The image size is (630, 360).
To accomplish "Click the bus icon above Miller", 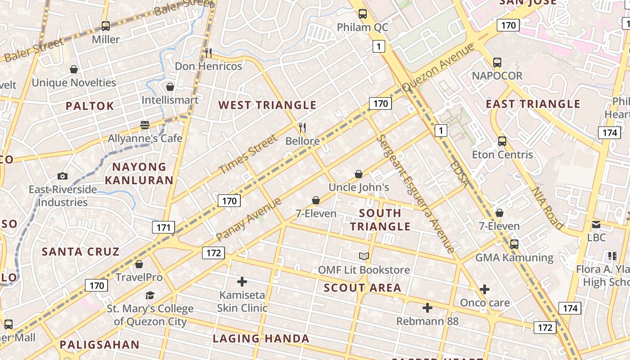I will tap(105, 26).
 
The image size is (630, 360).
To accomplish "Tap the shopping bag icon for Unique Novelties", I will tap(74, 69).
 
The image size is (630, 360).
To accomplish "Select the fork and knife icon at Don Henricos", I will tap(208, 53).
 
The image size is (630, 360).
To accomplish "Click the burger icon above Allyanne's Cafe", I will tap(145, 125).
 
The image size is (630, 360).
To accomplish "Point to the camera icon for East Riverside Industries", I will tap(63, 176).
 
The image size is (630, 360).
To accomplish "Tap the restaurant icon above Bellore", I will tap(302, 128).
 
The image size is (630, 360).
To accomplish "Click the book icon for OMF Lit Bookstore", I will tap(364, 256).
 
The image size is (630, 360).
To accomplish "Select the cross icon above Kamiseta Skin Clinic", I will tap(242, 282).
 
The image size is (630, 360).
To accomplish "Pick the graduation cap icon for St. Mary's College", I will tap(150, 295).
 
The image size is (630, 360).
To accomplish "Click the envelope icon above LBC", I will tap(596, 224).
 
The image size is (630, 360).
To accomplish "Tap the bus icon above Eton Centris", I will tap(502, 141).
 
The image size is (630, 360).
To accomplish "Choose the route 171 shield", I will tap(163, 227).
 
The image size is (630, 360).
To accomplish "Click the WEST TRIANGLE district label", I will tap(267, 105).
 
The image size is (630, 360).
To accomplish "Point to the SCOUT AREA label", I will tap(362, 288).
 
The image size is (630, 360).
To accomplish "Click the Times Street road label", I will tap(248, 154).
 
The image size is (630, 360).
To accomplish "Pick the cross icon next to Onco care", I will tap(485, 289).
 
